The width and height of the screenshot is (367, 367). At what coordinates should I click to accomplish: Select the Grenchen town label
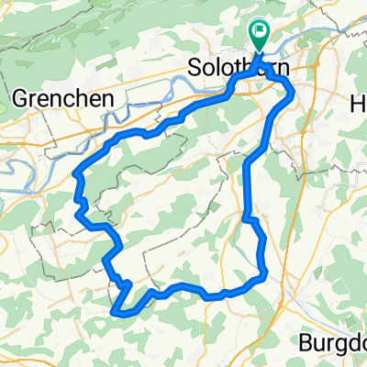62,97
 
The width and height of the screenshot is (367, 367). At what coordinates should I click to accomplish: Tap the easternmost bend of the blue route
293,93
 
